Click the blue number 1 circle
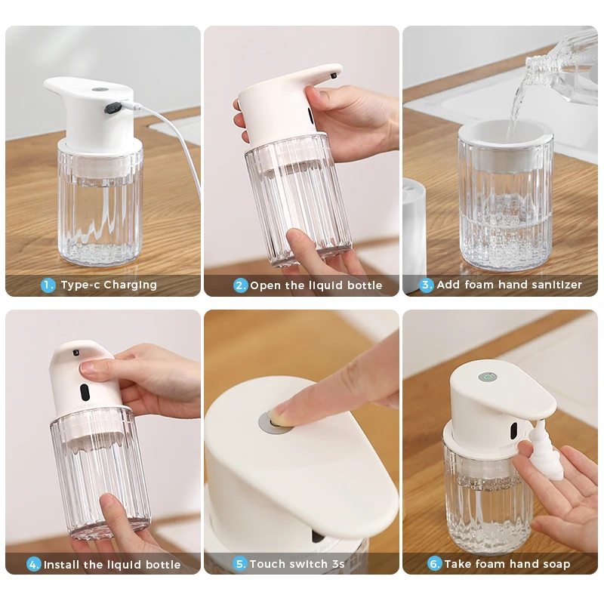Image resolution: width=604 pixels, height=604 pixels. [48, 285]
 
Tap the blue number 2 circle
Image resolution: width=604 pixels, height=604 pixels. [241, 285]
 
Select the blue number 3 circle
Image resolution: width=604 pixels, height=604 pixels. [427, 285]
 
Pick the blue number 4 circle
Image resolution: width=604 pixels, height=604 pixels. [34, 564]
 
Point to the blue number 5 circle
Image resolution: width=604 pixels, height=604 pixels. [240, 563]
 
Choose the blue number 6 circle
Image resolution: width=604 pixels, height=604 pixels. [434, 563]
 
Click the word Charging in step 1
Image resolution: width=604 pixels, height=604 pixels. [130, 285]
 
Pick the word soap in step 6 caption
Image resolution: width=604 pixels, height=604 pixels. [554, 563]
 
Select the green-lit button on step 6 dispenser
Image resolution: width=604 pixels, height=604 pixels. [487, 376]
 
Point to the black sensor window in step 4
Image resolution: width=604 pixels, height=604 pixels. [85, 392]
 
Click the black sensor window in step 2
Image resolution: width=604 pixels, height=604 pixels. [310, 115]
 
